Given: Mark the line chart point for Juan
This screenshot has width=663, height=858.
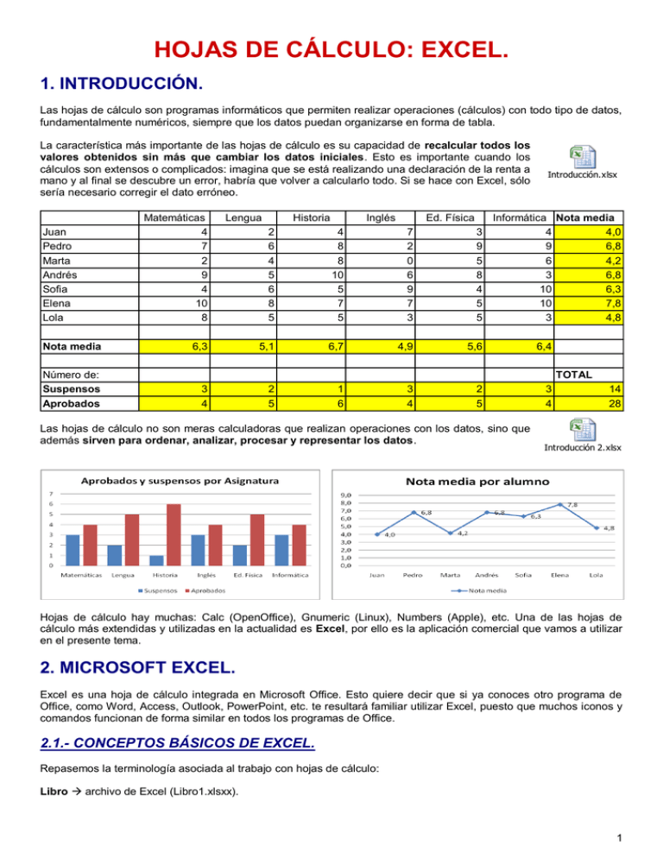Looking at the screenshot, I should coord(376,534).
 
